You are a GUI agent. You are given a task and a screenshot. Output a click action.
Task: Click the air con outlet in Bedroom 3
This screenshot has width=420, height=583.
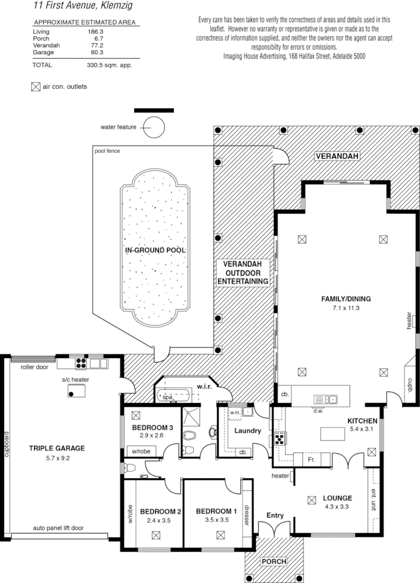136,415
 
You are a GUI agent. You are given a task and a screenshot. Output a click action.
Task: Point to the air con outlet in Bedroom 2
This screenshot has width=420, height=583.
156,535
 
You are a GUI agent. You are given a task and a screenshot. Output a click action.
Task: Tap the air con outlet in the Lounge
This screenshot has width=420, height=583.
311,500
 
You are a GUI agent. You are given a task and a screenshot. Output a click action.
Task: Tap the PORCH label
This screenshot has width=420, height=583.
273,561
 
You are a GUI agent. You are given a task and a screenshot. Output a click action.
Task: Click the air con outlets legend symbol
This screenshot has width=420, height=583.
35,87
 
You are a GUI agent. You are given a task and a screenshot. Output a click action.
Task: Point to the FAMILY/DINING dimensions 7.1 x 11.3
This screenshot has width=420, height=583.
346,307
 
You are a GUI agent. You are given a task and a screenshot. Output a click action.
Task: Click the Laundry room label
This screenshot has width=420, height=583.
247,431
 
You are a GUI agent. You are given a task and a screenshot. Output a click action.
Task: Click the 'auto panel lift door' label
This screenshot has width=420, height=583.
58,528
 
